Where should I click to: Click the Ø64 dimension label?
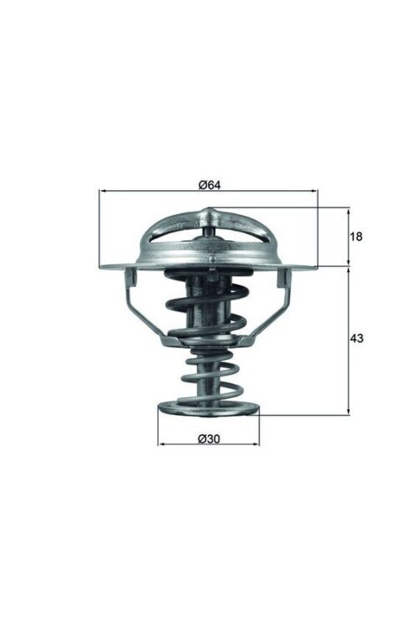click(208, 184)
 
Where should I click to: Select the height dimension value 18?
click(356, 237)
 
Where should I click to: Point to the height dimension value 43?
click(356, 340)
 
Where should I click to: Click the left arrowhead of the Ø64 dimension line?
click(103, 191)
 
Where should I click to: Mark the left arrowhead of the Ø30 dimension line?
click(161, 443)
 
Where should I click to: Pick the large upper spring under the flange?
click(208, 309)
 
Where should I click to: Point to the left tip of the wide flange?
click(101, 267)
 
